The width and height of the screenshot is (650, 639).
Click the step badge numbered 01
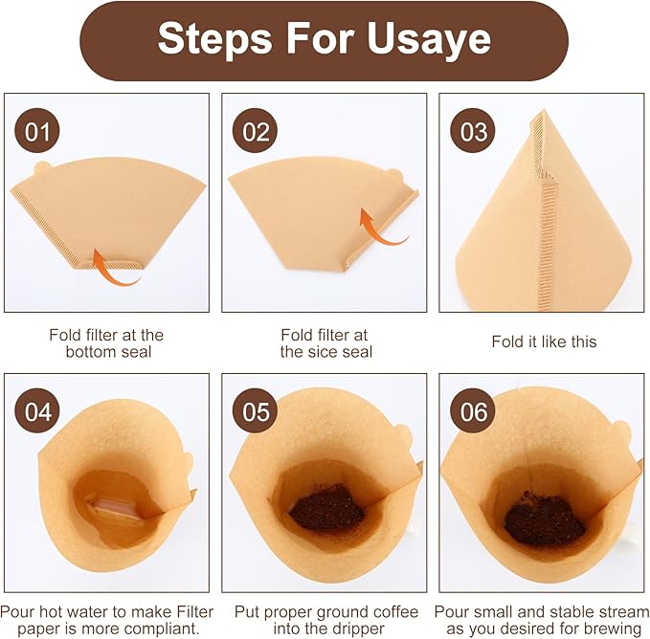37,131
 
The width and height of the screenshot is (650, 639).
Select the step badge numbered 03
475,131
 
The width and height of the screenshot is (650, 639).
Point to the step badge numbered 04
37,412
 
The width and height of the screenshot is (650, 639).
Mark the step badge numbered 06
475,412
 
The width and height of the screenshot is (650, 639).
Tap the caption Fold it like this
543,342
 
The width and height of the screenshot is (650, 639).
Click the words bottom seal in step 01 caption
106,352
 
